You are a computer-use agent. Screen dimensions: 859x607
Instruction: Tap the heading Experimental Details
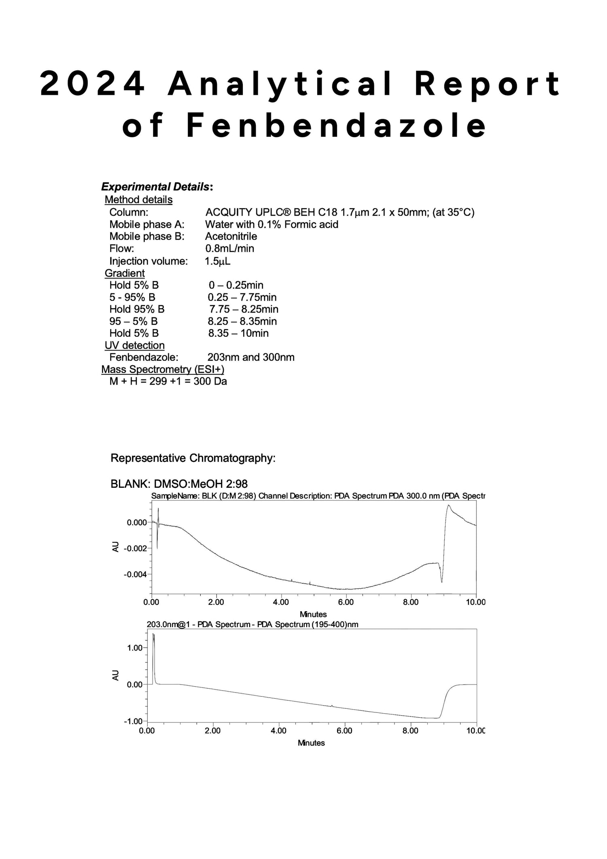(156, 187)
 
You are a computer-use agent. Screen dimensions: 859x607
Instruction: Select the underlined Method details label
(138, 200)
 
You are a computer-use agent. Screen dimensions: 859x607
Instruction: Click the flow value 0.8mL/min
(229, 248)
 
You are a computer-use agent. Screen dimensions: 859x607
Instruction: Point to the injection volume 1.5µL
(218, 261)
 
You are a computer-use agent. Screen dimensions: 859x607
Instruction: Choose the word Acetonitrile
(231, 236)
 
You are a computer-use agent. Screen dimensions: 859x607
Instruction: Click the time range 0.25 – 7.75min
(242, 297)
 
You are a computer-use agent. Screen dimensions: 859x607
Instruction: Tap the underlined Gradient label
(125, 273)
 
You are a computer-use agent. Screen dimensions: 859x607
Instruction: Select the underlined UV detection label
(134, 345)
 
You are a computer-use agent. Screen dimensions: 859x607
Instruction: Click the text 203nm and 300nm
(250, 357)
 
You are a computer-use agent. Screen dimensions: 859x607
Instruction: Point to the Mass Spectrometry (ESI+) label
(163, 369)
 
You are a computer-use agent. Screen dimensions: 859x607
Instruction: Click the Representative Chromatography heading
(193, 458)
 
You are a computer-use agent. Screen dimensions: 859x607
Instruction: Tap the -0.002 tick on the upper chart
(135, 549)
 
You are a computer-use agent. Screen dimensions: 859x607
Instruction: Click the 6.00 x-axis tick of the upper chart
(346, 602)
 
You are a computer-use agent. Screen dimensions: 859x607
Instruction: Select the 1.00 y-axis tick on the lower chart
(135, 648)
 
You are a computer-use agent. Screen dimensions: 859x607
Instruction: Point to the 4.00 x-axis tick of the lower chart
(278, 731)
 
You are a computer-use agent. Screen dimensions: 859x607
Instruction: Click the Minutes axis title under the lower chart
(311, 743)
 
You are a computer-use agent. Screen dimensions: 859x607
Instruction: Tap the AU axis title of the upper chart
(116, 547)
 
